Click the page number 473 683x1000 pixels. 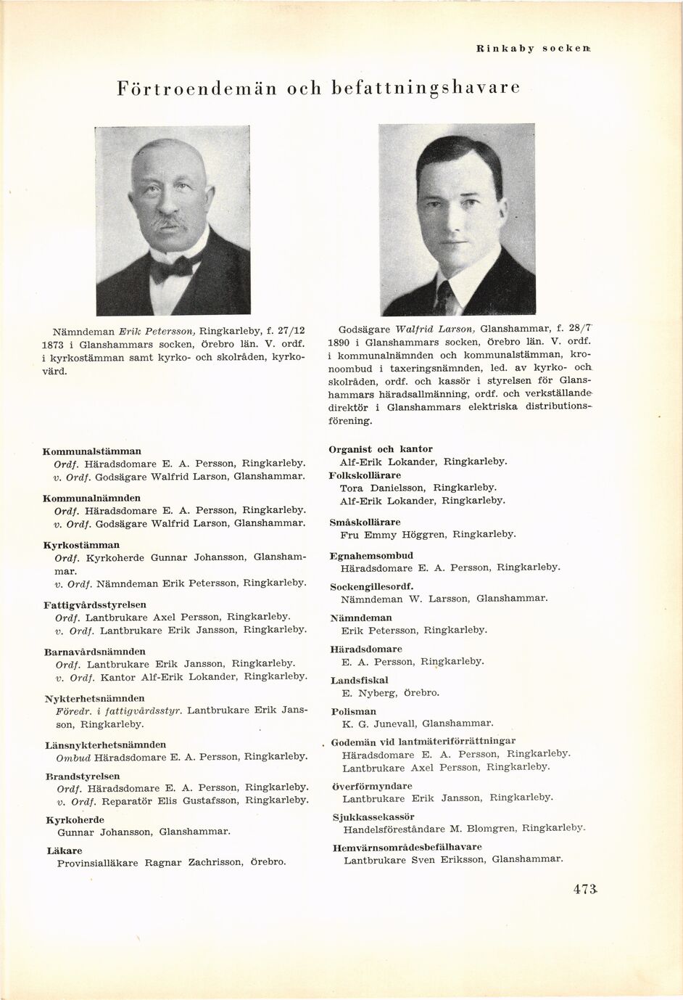584,890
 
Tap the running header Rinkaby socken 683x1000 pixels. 538,49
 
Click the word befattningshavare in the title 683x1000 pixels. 426,89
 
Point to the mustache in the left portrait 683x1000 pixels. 170,220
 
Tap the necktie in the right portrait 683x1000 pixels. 446,297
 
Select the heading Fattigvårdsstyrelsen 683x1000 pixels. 95,604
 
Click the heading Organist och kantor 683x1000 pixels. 380,449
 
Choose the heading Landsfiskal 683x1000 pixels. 359,681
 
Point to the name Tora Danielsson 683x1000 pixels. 382,488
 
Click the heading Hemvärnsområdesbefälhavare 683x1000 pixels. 407,847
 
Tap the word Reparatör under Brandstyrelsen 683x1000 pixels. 127,800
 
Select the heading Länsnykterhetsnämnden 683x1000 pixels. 105,745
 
